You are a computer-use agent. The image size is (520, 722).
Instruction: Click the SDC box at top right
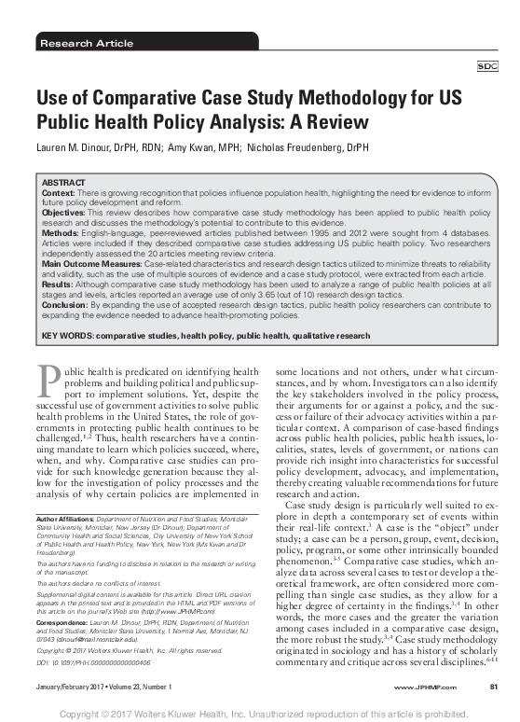pyautogui.click(x=486, y=67)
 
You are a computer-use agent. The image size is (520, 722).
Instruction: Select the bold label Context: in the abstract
pyautogui.click(x=58, y=191)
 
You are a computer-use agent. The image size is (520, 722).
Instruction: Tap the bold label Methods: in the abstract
pyautogui.click(x=60, y=235)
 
